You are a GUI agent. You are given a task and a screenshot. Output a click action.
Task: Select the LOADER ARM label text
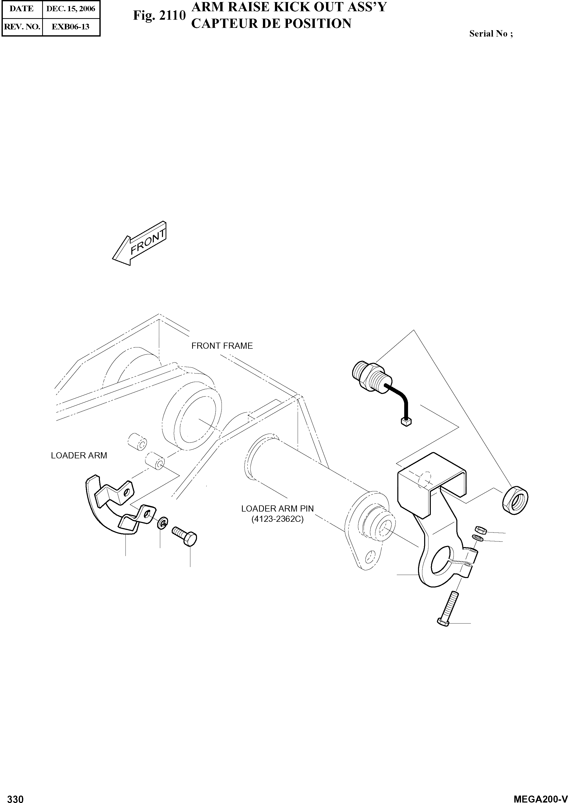click(x=79, y=455)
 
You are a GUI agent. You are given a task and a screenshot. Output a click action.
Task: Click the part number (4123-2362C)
click(x=277, y=519)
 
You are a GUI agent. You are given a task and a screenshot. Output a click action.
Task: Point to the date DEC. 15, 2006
click(x=71, y=9)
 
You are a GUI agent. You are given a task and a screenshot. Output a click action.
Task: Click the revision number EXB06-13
click(x=71, y=27)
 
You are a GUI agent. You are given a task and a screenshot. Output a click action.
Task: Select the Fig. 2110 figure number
click(x=159, y=16)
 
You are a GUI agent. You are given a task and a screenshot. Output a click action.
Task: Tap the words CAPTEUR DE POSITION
click(x=271, y=24)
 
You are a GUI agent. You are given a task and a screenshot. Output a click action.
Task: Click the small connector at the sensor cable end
click(x=406, y=422)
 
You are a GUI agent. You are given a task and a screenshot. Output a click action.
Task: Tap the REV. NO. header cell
click(x=22, y=27)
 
